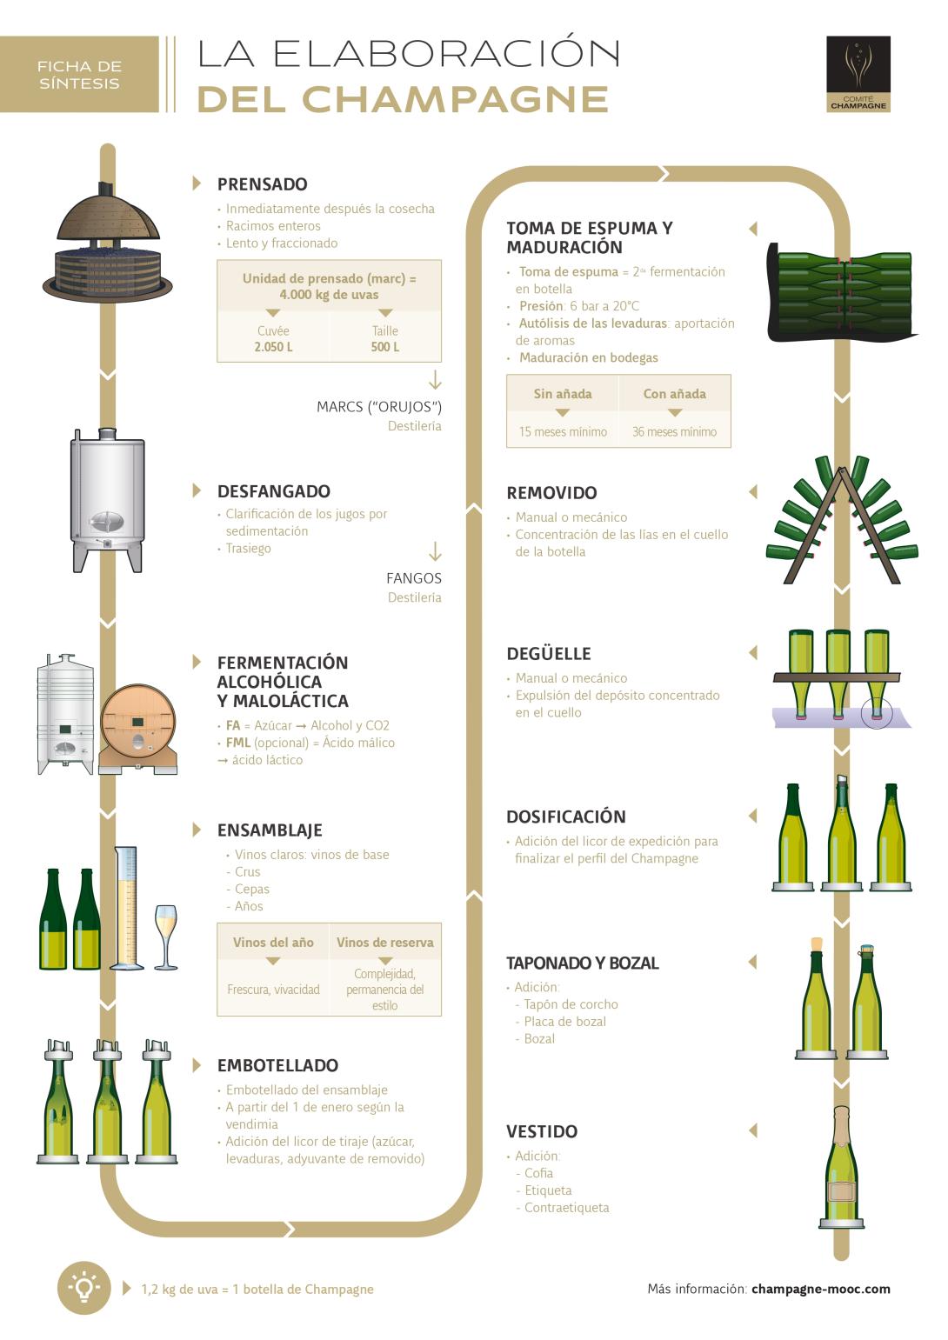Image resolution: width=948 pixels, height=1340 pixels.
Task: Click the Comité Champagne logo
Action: [x=858, y=74]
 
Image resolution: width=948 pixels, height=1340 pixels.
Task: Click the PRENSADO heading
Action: [x=262, y=184]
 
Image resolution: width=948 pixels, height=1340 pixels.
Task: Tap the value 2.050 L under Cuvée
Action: [x=273, y=347]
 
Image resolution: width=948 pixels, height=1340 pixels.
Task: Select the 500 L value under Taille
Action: [x=384, y=347]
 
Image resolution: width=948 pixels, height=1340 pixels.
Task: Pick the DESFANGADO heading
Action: [x=273, y=491]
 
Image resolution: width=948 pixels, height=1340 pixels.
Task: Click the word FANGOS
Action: [x=414, y=578]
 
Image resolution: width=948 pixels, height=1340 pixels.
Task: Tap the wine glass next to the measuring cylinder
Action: [x=165, y=935]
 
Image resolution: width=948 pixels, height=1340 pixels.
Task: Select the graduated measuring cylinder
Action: [x=127, y=909]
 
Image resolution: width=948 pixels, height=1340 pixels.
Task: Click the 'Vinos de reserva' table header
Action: [x=384, y=943]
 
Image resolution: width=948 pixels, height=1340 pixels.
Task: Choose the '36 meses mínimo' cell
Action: [x=674, y=431]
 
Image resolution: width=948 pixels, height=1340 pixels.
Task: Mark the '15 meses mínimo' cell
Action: [x=563, y=431]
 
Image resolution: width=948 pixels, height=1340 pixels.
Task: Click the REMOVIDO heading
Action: [x=551, y=493]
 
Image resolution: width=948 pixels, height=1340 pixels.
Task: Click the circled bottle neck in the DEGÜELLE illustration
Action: [x=877, y=713]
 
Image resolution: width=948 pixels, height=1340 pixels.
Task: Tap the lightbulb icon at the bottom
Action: [x=83, y=1288]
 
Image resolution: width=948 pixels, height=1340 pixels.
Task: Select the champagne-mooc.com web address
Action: [x=820, y=1289]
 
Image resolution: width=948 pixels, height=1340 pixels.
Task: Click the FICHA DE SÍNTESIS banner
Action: [x=79, y=75]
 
